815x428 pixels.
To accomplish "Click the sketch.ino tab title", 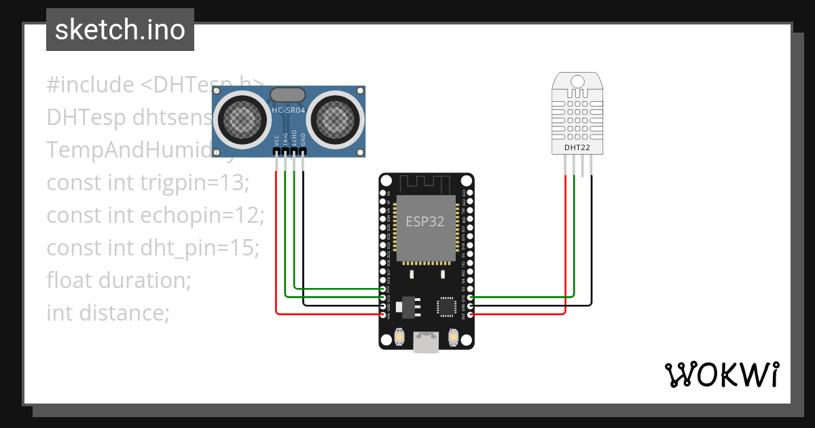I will coord(120,30).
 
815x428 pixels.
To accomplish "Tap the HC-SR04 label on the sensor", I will coord(289,110).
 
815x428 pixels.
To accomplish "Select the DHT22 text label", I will coord(577,146).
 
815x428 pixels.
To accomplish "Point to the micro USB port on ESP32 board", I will coord(425,342).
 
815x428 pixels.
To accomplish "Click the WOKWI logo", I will coord(721,374).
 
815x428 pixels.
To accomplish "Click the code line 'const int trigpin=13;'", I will coord(148,183).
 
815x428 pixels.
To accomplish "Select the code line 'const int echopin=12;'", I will coord(155,215).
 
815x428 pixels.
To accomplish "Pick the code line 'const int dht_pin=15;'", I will coord(153,248).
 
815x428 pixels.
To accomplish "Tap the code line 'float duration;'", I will coord(119,280).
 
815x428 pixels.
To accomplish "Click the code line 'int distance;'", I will coord(107,313).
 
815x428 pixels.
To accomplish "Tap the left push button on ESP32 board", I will coord(399,336).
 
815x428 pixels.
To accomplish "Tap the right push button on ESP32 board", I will coord(454,336).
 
